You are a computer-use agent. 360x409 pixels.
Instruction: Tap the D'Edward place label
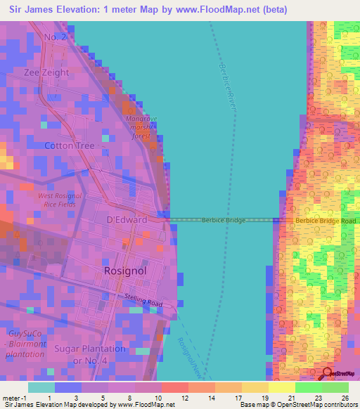pos(126,220)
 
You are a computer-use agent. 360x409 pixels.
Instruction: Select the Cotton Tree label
pos(69,146)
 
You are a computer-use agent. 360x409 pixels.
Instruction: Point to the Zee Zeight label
pos(46,72)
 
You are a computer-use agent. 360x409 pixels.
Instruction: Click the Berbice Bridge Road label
pos(326,221)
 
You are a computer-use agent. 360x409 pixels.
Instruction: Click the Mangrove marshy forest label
pos(139,127)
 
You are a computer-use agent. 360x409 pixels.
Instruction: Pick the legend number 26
pos(345,398)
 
